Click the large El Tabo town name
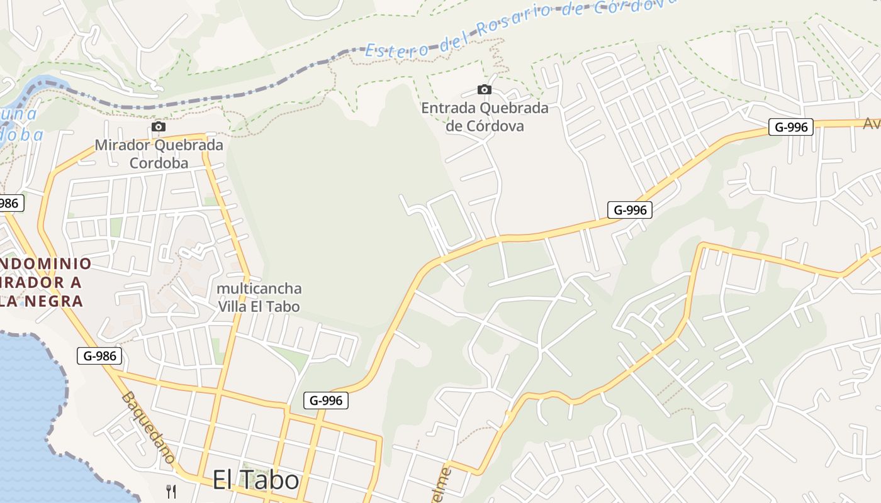tap(255, 480)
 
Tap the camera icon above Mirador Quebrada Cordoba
tap(159, 127)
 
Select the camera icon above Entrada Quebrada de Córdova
tap(484, 89)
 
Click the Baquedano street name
tap(149, 428)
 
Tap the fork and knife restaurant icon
tap(171, 491)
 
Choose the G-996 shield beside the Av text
tap(790, 127)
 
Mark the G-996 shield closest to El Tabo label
tap(326, 400)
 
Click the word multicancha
tap(259, 289)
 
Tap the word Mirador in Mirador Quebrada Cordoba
tap(122, 145)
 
